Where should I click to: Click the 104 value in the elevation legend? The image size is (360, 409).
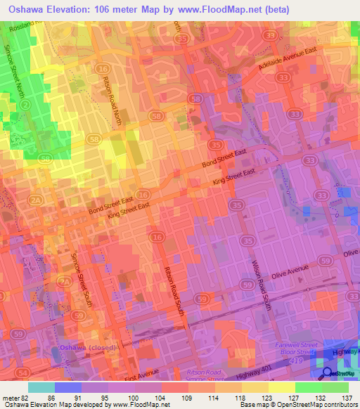tap(161, 398)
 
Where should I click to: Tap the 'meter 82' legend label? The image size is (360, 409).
tap(15, 398)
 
